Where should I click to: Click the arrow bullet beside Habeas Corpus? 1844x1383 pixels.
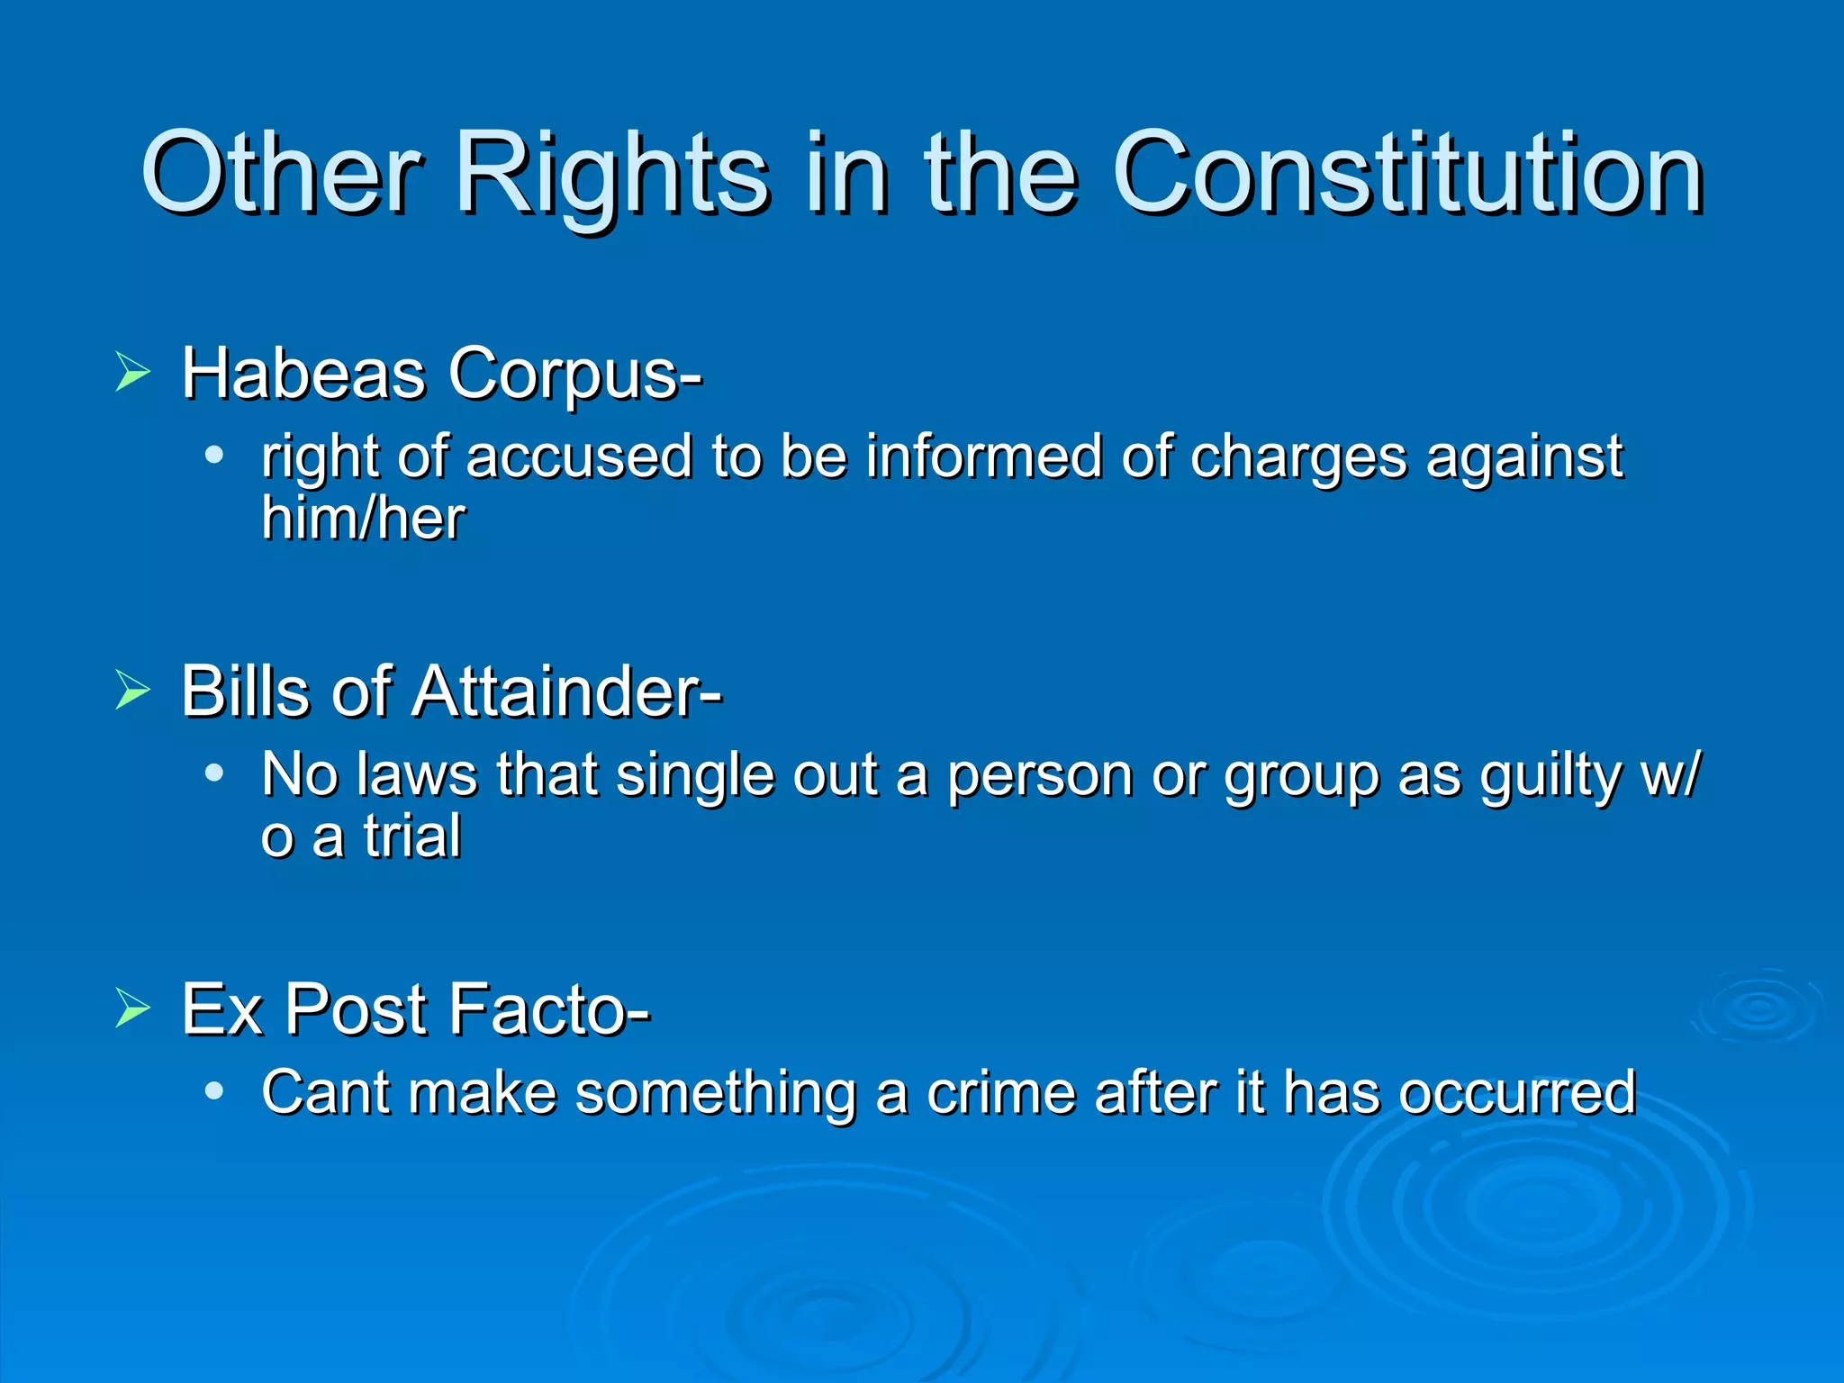point(132,372)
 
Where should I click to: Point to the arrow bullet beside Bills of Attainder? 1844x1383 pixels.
point(132,691)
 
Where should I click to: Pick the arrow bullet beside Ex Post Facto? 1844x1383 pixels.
point(132,1008)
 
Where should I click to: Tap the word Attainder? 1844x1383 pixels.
point(567,691)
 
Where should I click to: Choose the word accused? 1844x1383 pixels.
point(579,456)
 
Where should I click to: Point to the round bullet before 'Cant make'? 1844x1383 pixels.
point(213,1090)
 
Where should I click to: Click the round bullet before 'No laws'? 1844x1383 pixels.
point(213,773)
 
